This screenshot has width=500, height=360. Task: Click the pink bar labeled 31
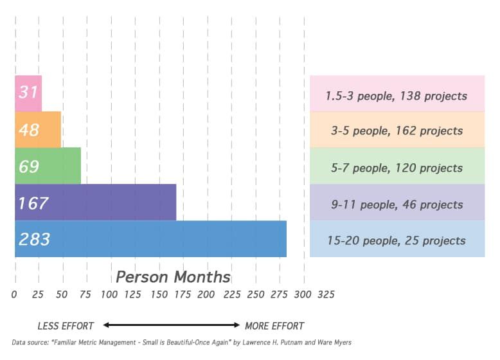coord(28,93)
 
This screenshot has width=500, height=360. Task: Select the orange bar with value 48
coord(38,130)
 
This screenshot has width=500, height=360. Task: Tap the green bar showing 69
coord(48,166)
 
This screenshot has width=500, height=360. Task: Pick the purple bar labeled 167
coord(95,203)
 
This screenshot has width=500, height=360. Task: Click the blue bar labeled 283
coord(150,239)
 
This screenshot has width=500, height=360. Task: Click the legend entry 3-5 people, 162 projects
coord(397,130)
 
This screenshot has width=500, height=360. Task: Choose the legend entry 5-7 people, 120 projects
coord(397,167)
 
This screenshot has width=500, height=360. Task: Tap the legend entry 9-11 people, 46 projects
coord(397,204)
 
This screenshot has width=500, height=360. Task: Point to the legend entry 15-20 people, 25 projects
coord(397,240)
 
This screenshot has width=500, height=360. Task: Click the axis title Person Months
coord(173,277)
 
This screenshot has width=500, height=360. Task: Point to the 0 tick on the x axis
coord(14,294)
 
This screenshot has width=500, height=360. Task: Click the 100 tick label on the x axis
coord(109,294)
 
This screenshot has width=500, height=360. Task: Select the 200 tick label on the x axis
coord(206,294)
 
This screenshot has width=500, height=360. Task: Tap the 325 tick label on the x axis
coord(325,294)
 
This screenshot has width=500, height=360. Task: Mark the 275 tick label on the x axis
coord(278,294)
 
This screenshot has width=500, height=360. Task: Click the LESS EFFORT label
coord(66,326)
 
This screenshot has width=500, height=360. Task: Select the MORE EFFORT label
coord(274,326)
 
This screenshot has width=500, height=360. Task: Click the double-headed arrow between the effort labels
coord(171,325)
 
